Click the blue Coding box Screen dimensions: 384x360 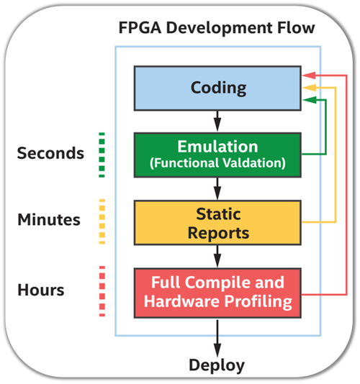[218, 88]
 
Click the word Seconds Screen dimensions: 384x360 [50, 153]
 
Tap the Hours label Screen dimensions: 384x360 [42, 290]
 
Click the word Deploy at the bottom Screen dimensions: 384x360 [217, 365]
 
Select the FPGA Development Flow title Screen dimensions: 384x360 [217, 29]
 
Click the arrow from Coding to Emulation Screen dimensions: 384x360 [217, 119]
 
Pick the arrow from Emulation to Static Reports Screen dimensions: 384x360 [217, 188]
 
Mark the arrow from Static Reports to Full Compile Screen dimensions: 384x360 [217, 256]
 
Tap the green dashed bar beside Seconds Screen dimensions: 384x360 [102, 153]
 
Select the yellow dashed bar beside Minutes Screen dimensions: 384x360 [102, 219]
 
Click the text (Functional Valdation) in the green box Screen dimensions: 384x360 [218, 163]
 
